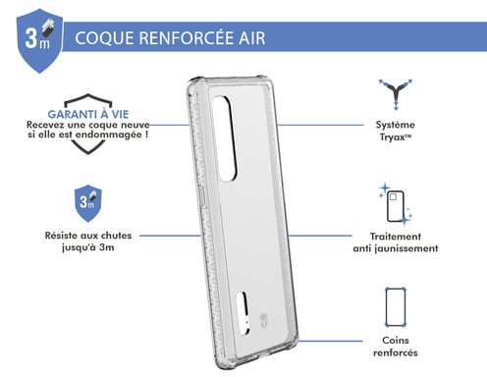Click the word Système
(x=397, y=126)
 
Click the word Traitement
(x=397, y=236)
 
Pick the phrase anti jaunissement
(x=397, y=248)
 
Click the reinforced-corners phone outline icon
(x=396, y=305)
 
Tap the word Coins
(x=397, y=339)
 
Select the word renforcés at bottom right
(x=397, y=352)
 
